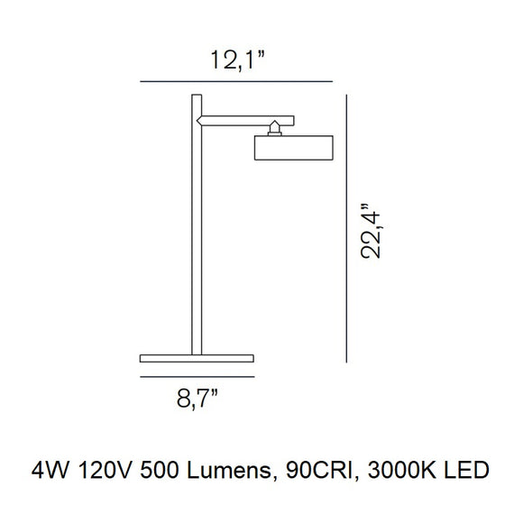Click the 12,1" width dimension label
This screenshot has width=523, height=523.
pos(237,60)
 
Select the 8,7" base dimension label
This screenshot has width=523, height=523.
pos(197,399)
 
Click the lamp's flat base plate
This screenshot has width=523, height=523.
pos(197,358)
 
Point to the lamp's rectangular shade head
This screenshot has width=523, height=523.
pos(294,148)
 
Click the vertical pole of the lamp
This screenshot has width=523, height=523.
pos(197,225)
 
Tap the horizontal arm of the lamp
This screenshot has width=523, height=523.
pos(246,121)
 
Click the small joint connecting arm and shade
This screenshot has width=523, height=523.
pos(274,128)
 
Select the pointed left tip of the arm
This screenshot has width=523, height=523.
pos(197,121)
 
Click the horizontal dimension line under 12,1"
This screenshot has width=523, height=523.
pos(236,81)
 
